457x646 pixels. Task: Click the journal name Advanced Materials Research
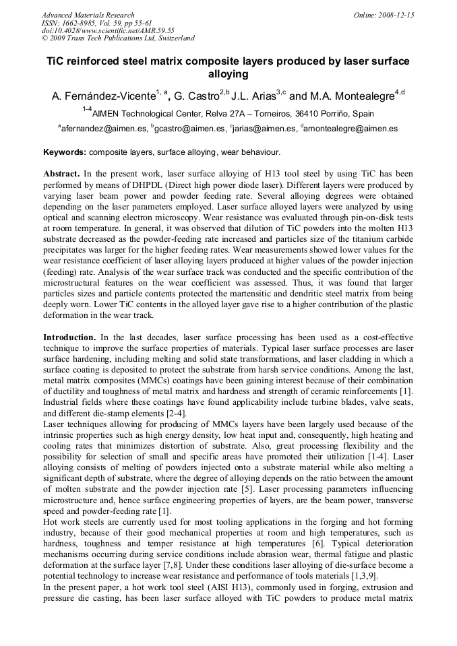(x=88, y=15)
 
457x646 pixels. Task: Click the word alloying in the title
(x=228, y=75)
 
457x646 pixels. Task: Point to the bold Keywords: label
(x=65, y=152)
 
